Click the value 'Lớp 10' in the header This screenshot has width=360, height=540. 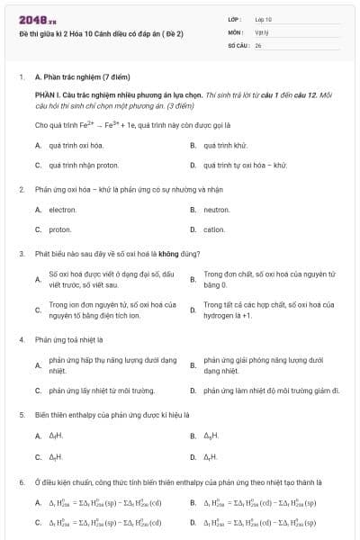point(264,19)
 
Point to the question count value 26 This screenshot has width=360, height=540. point(258,44)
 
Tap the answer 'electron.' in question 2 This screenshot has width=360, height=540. point(62,210)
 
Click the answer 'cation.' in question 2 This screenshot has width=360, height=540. point(214,229)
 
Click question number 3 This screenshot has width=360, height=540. point(21,254)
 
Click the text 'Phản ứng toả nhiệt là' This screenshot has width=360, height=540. point(70,340)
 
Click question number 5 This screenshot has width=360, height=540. point(21,415)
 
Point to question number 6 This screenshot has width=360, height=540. point(21,482)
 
